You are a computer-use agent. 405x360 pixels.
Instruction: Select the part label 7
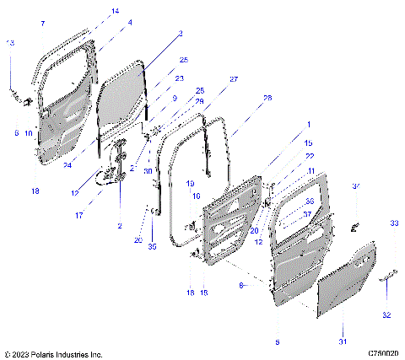[x=42, y=24]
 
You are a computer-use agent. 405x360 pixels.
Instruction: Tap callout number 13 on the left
[x=10, y=43]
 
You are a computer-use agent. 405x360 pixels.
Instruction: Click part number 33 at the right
[x=393, y=223]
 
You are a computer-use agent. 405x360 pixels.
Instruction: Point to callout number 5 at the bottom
[x=278, y=342]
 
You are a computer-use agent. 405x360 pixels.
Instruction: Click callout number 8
[x=242, y=287]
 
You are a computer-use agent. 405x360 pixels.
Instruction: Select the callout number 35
[x=152, y=247]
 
